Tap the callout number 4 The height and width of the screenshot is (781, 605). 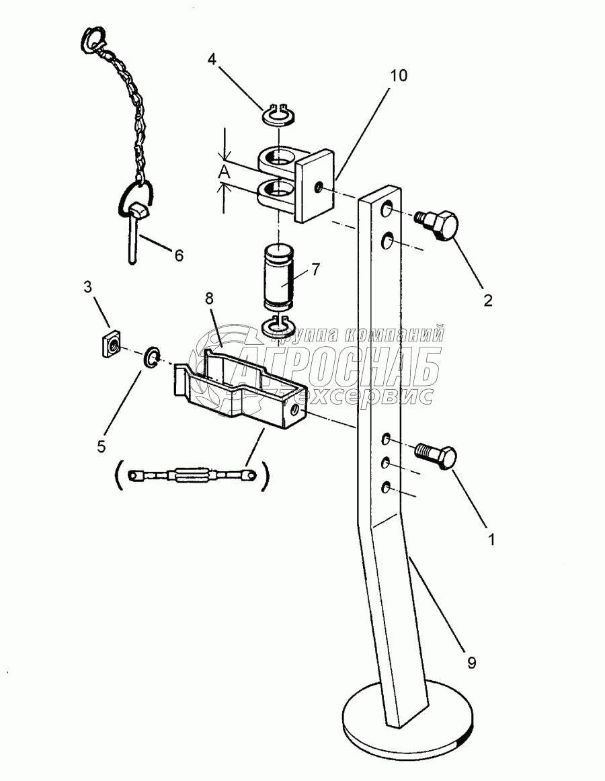click(x=212, y=59)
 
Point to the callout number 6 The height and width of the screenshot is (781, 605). click(x=178, y=255)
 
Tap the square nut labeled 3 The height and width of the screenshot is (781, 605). click(x=108, y=345)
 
